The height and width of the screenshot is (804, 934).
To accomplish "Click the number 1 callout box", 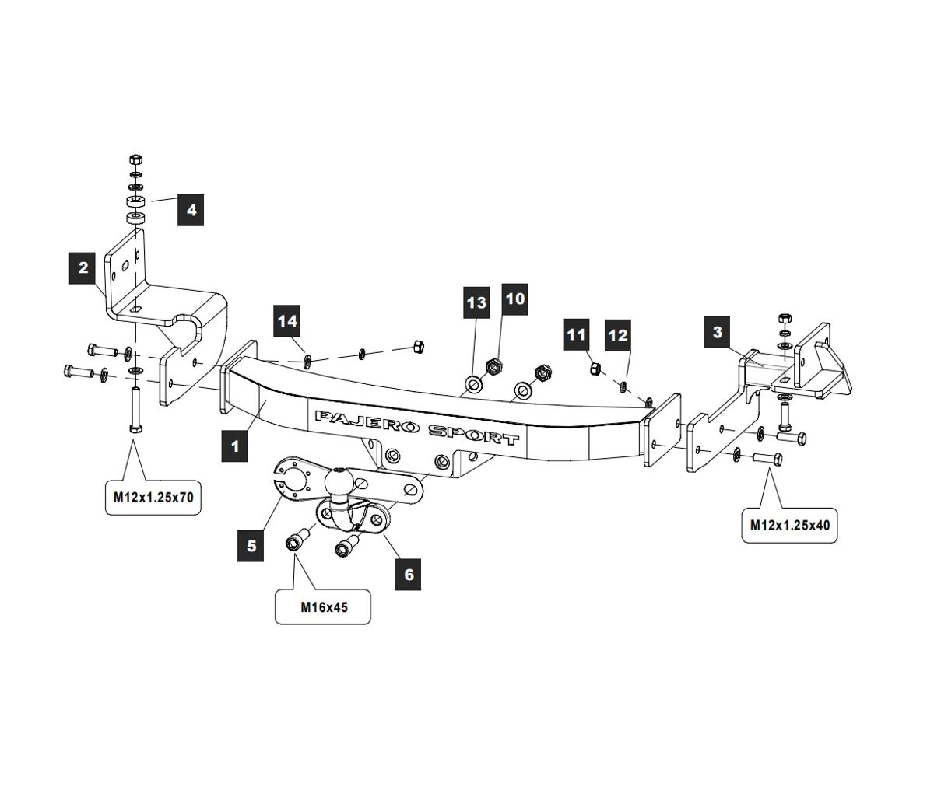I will point(235,446).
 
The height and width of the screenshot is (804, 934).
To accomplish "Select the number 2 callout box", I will point(83,268).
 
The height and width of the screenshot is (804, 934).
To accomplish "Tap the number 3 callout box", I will point(717,332).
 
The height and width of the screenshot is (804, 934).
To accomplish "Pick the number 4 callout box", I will point(191,210).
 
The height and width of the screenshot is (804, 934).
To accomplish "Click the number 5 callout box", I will point(251,545).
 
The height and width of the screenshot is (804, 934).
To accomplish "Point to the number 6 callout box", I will point(409,575).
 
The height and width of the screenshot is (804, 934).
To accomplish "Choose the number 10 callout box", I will point(515,299).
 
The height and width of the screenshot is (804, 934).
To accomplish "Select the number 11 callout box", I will point(576,335).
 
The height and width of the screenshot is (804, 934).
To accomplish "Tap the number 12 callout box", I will point(617,335).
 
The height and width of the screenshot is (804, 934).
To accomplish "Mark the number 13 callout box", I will point(476,302).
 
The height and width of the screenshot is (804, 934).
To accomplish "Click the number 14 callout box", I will point(287,321).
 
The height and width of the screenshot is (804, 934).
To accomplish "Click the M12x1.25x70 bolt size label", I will point(153,498).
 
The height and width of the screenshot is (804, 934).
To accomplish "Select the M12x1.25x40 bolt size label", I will point(790,525).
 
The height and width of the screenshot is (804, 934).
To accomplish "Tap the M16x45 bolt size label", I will point(324,607).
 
